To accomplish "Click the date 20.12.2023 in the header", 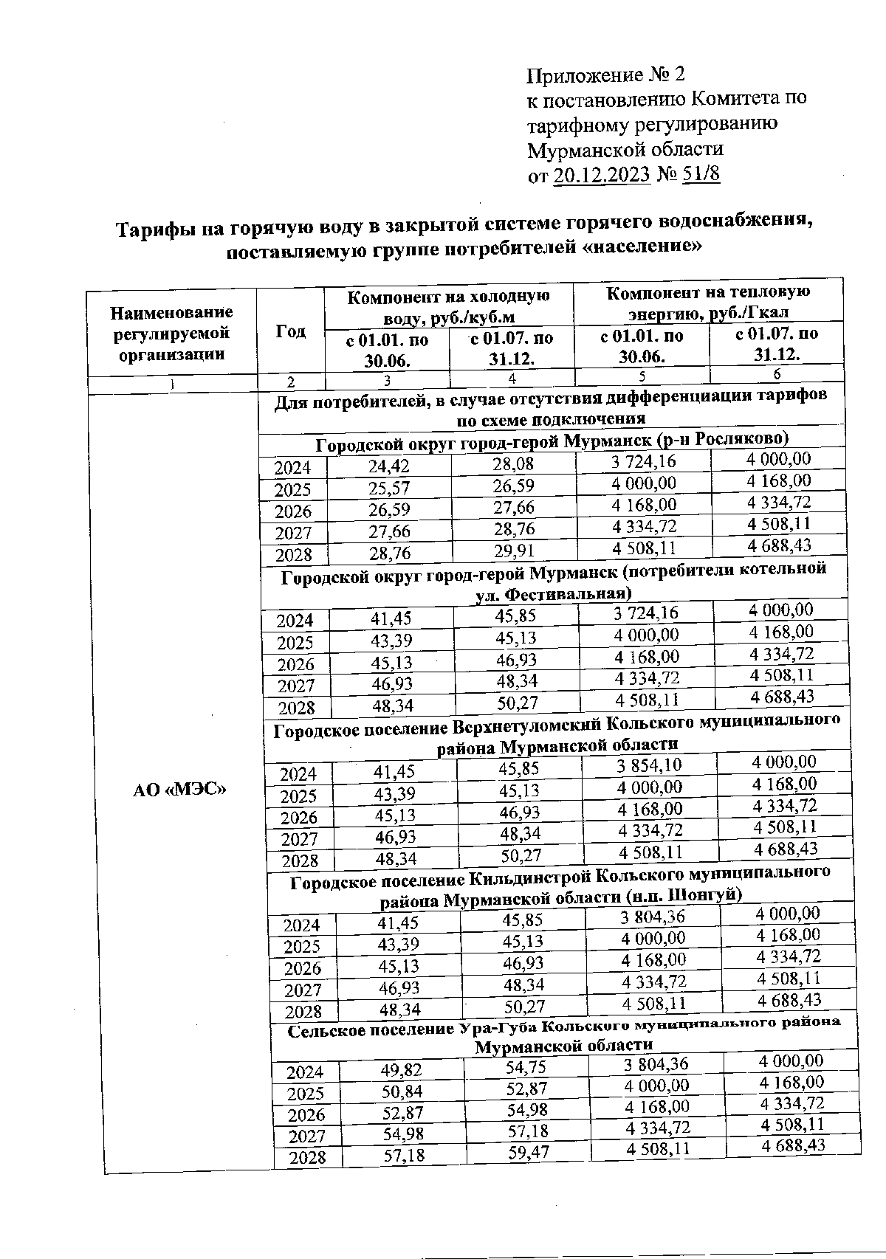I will (x=601, y=175).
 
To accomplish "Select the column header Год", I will (x=290, y=332).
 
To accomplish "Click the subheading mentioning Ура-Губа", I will (x=564, y=1035).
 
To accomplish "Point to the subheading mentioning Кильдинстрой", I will (x=560, y=883).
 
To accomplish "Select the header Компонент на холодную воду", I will (x=448, y=306).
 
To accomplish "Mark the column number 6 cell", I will (x=776, y=374).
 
